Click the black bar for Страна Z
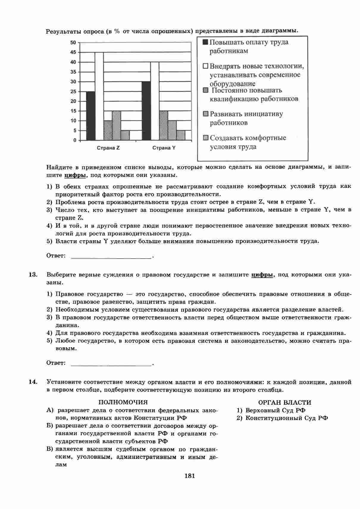pyautogui.click(x=90, y=116)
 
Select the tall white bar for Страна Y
pyautogui.click(x=155, y=101)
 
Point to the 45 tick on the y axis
pyautogui.click(x=73, y=52)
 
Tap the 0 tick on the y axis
pyautogui.click(x=75, y=140)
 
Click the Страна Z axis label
pyautogui.click(x=108, y=148)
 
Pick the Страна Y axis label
pyautogui.click(x=164, y=148)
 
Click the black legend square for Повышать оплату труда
pyautogui.click(x=205, y=42)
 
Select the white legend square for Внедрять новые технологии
pyautogui.click(x=206, y=66)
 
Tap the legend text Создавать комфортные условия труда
pyautogui.click(x=248, y=142)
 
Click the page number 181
pyautogui.click(x=190, y=476)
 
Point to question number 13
pyautogui.click(x=32, y=275)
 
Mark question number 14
pyautogui.click(x=32, y=382)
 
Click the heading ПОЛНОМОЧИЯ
pyautogui.click(x=123, y=403)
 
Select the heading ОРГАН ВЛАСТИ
pyautogui.click(x=284, y=403)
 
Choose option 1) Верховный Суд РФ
pyautogui.click(x=271, y=410)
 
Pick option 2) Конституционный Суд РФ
pyautogui.click(x=282, y=418)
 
